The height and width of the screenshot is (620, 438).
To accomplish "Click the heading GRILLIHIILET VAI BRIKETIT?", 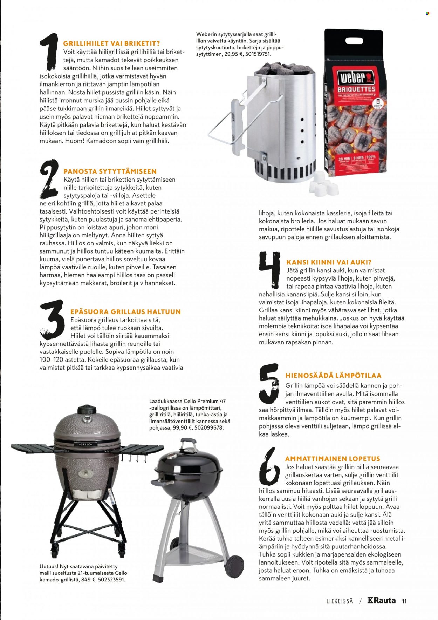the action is (111, 43).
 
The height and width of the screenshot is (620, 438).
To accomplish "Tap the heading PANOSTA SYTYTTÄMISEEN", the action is (110, 171).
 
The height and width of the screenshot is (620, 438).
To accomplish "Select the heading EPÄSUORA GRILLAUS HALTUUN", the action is (125, 311).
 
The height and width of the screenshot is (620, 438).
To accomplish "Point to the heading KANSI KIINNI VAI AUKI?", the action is (329, 262).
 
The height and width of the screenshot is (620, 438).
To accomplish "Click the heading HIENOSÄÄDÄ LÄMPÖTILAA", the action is (333, 376).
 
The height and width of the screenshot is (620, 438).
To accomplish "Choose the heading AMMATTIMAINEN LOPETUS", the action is (333, 459).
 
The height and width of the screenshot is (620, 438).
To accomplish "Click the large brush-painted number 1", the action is (49, 53).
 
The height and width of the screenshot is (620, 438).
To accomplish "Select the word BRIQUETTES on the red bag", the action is (356, 89).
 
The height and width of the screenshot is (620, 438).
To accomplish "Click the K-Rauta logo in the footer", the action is (382, 600).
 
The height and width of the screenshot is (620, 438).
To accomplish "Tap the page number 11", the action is (404, 601).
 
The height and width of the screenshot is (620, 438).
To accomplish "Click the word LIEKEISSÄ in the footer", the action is (340, 601).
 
